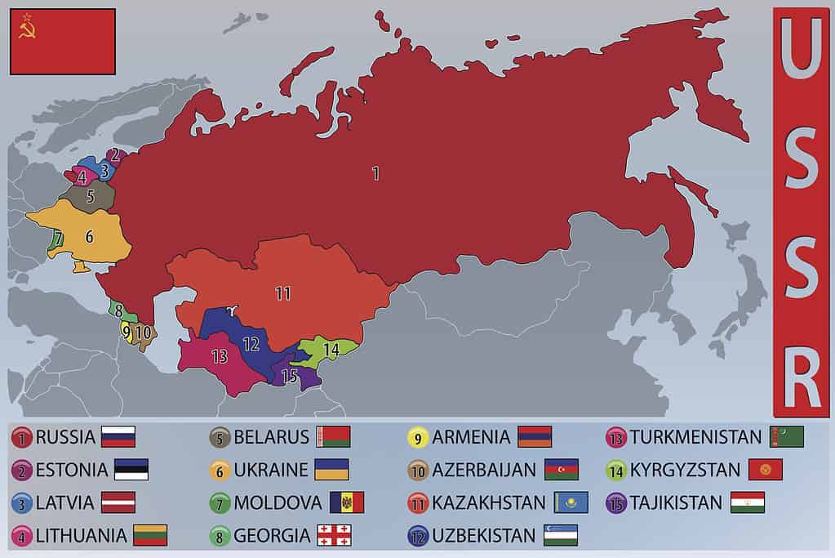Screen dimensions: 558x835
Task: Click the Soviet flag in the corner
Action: [x=63, y=42]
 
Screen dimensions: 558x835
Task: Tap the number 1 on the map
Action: [x=375, y=173]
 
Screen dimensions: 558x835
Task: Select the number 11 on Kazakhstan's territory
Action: [x=283, y=293]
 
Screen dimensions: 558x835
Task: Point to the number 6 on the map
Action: [x=90, y=236]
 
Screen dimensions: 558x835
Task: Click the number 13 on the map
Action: [x=219, y=356]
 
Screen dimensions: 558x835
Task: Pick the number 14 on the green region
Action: [x=331, y=349]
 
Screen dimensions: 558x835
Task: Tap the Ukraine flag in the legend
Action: [x=331, y=470]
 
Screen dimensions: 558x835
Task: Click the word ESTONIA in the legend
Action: [x=71, y=470]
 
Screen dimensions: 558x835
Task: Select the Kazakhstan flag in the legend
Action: [x=571, y=502]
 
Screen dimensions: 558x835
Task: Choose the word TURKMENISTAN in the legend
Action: [x=695, y=437]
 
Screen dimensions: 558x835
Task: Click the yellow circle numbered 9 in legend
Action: [x=418, y=437]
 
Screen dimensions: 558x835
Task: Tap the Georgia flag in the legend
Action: [x=334, y=535]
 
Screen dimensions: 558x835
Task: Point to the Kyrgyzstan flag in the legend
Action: [x=765, y=470]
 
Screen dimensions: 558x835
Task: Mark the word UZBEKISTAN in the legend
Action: [x=485, y=535]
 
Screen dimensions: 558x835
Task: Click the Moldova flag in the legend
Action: [x=347, y=502]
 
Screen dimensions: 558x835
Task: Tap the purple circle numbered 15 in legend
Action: [x=616, y=502]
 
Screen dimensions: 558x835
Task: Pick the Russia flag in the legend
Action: [x=118, y=437]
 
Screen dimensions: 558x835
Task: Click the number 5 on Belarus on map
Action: [x=91, y=196]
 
